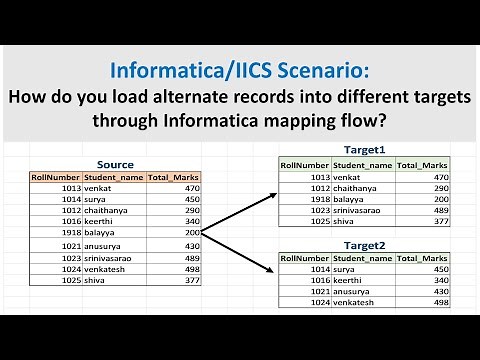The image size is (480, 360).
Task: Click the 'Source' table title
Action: pyautogui.click(x=116, y=164)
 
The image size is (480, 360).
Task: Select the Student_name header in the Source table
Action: pyautogui.click(x=115, y=177)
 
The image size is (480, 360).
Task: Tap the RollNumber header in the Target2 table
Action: pyautogui.click(x=304, y=257)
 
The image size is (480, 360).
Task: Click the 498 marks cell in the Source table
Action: pyautogui.click(x=191, y=268)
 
